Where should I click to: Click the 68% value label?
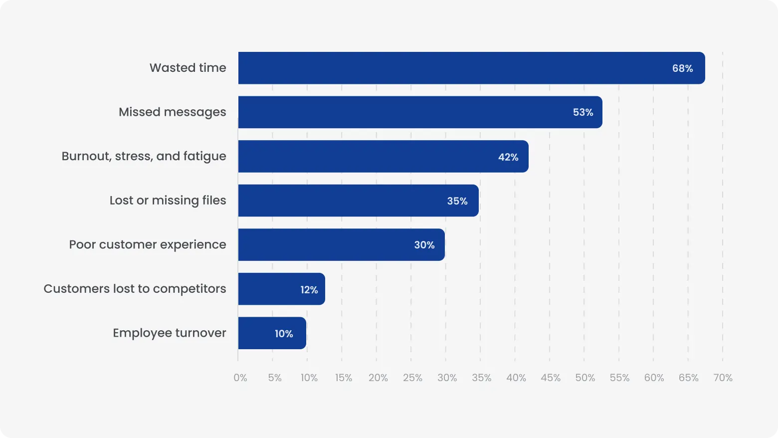pos(682,68)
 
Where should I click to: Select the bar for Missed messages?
pos(420,112)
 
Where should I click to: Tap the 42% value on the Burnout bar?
pos(508,157)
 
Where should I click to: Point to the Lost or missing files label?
pos(168,201)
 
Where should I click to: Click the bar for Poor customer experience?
pos(341,245)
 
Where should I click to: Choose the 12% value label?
pos(309,290)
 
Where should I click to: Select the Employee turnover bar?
pos(272,333)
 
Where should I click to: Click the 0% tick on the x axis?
pos(240,378)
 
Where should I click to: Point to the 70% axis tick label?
pos(723,378)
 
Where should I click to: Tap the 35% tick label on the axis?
pos(482,378)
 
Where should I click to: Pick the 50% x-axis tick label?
pos(585,378)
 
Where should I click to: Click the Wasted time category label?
pos(188,68)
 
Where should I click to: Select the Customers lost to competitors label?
pos(135,289)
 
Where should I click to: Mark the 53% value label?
pos(583,113)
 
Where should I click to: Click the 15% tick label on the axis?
pos(344,378)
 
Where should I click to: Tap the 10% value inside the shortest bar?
pos(284,334)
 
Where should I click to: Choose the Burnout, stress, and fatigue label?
pos(144,157)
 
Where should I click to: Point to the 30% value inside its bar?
pos(424,245)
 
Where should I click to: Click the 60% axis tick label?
pos(654,378)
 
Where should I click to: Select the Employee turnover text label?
pos(169,333)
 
